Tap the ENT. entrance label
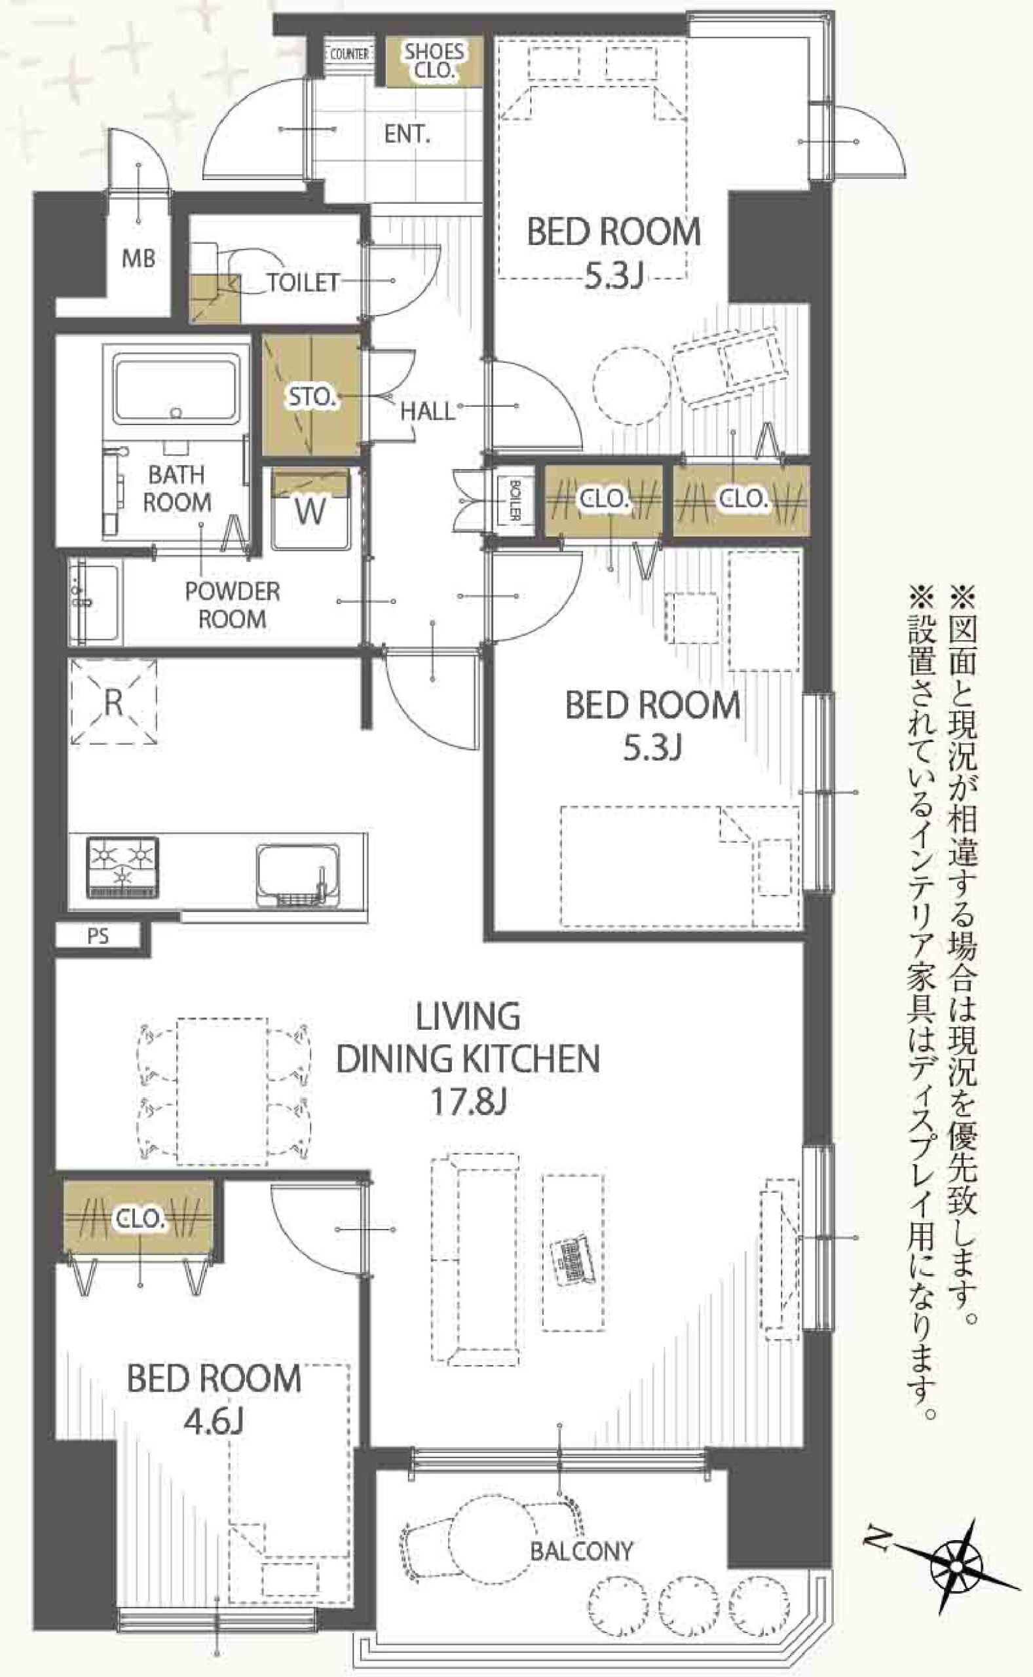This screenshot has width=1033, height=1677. (x=407, y=134)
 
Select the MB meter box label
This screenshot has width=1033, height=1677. (x=139, y=258)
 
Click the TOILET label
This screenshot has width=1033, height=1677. (x=303, y=282)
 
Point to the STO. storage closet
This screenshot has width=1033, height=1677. (x=312, y=394)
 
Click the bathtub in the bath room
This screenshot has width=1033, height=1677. (x=178, y=388)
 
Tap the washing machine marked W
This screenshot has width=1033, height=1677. (x=311, y=509)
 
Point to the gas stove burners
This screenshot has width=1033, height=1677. (x=123, y=867)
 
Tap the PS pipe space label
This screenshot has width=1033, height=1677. (x=98, y=936)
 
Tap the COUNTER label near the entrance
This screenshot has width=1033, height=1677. (x=349, y=54)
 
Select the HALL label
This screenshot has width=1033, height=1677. (x=427, y=411)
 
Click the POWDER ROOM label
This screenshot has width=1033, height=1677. (x=233, y=605)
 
